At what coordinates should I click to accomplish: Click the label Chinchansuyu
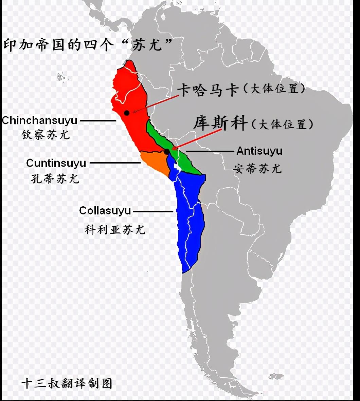pyautogui.click(x=40, y=120)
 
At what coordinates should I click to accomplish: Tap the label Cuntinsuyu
pyautogui.click(x=56, y=163)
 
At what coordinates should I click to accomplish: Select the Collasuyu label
pyautogui.click(x=105, y=211)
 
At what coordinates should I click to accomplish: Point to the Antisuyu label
pyautogui.click(x=259, y=151)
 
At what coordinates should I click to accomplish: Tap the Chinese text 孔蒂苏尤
pyautogui.click(x=55, y=178)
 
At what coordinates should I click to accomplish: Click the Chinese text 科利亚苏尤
pyautogui.click(x=115, y=230)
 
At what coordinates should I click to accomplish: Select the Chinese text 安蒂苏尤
pyautogui.click(x=258, y=168)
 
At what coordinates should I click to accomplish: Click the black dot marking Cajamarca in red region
pyautogui.click(x=127, y=113)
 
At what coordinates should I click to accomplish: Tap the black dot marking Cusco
pyautogui.click(x=167, y=152)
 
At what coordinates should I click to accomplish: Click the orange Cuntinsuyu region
pyautogui.click(x=155, y=163)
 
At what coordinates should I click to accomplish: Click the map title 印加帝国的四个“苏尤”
pyautogui.click(x=87, y=45)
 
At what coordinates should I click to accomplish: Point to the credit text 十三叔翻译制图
pyautogui.click(x=67, y=383)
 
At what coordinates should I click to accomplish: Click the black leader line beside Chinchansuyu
pyautogui.click(x=98, y=120)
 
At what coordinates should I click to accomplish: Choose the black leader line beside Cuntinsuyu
pyautogui.click(x=115, y=163)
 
